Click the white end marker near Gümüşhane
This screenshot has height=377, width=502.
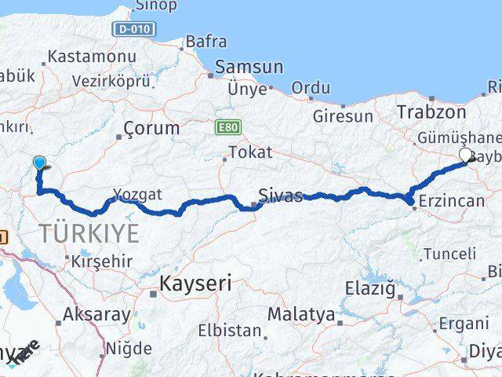tap(465, 155)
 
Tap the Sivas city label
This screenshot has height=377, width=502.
tap(281, 196)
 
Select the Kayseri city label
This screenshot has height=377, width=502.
tap(195, 283)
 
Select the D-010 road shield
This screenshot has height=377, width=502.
tap(135, 29)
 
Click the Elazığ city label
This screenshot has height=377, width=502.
tap(370, 288)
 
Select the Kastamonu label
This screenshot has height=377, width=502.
tap(92, 57)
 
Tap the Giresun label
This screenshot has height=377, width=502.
tap(343, 116)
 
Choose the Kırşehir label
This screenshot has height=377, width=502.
tap(99, 261)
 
